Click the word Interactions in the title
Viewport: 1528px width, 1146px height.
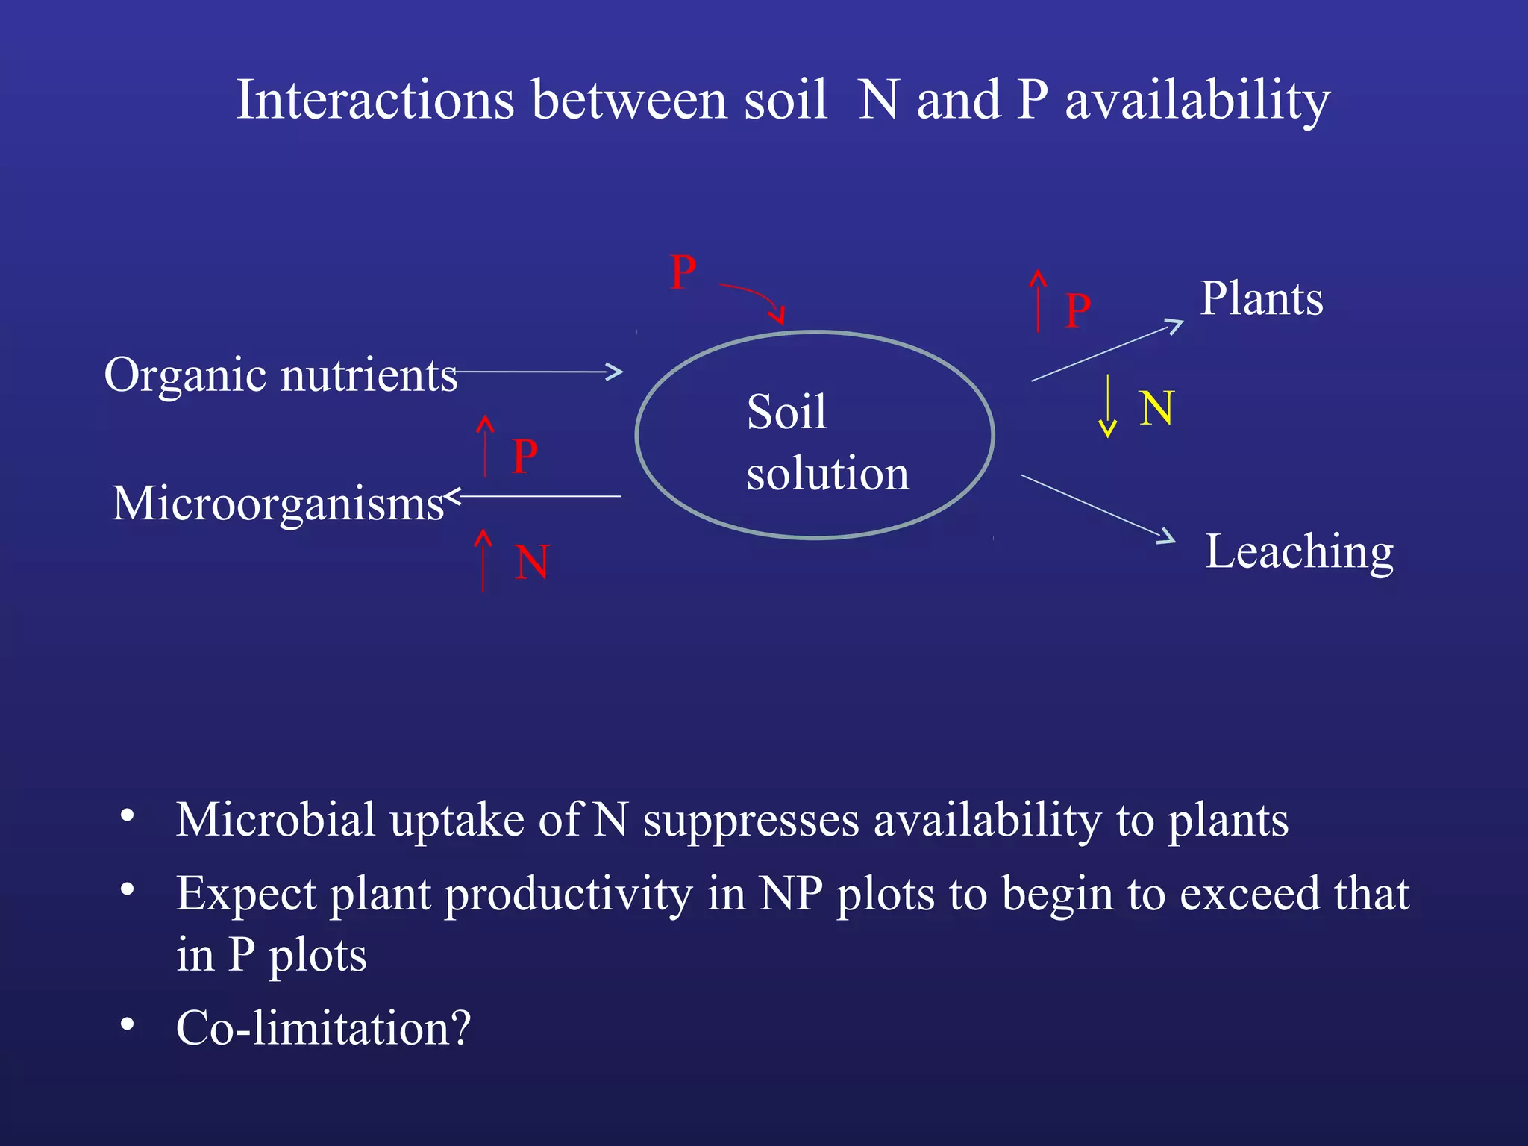coord(375,100)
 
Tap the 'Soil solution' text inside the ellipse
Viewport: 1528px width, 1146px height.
coord(827,442)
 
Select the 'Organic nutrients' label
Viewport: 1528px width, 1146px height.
coord(281,375)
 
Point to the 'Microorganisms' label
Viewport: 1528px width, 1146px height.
coord(278,504)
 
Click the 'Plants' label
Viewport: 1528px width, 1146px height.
coord(1262,299)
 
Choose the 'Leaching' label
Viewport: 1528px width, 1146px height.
coord(1299,552)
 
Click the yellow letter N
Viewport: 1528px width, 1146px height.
coord(1156,409)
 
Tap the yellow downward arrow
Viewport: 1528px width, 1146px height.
coord(1108,406)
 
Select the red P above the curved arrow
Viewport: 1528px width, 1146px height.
coord(683,273)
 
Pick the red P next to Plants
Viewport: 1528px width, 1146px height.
coord(1078,310)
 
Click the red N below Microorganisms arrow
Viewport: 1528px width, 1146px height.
coord(532,563)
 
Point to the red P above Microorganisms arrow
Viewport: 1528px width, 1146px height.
coord(525,457)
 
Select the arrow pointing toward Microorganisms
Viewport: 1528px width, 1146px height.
coord(533,496)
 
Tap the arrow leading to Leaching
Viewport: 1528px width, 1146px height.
coord(1098,508)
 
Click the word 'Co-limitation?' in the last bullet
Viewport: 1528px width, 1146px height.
coord(323,1028)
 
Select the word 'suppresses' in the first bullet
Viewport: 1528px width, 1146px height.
coord(751,821)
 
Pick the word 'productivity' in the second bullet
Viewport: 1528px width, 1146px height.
coord(569,894)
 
